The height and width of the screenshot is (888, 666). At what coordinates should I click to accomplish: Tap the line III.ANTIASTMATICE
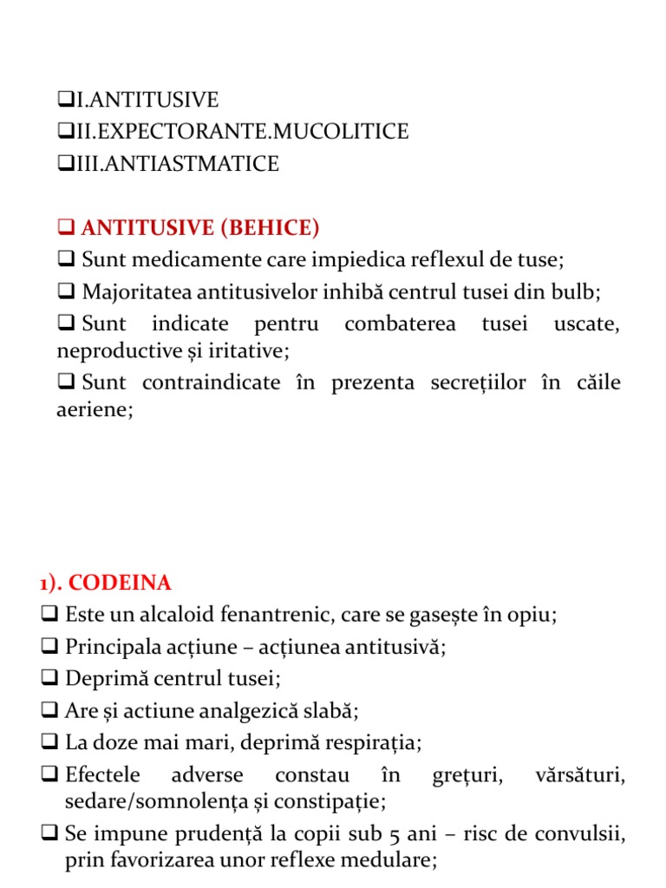(x=183, y=164)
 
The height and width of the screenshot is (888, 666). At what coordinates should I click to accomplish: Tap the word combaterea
(x=399, y=324)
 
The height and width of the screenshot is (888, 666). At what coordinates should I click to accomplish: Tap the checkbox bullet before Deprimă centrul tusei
(x=49, y=679)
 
